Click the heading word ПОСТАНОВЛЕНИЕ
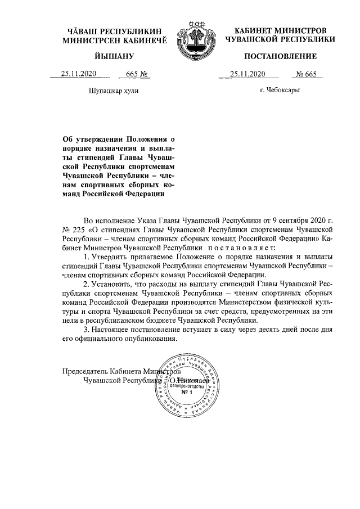pos(280,56)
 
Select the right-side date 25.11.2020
pos(248,74)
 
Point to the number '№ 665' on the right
pos(308,74)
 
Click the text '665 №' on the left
pos(137,74)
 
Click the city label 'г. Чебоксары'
pos(280,90)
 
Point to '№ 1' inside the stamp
pos(187,393)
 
